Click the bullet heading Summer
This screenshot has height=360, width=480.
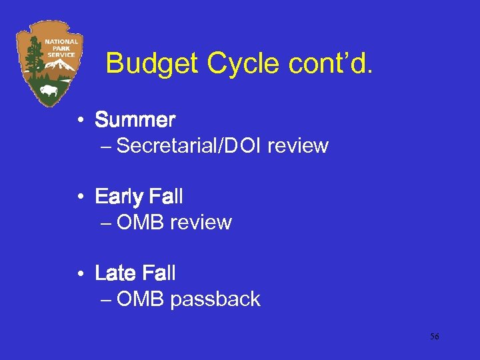(135, 121)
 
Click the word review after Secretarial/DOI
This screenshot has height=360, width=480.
(298, 146)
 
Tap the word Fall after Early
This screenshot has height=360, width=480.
(167, 197)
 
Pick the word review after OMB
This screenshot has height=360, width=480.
(201, 223)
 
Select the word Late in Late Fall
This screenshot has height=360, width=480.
(117, 273)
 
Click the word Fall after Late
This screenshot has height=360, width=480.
(163, 273)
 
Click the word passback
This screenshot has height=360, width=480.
(215, 299)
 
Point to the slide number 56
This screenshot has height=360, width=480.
(434, 337)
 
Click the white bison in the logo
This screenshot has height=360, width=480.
(49, 90)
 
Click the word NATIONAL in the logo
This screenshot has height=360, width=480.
(61, 41)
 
